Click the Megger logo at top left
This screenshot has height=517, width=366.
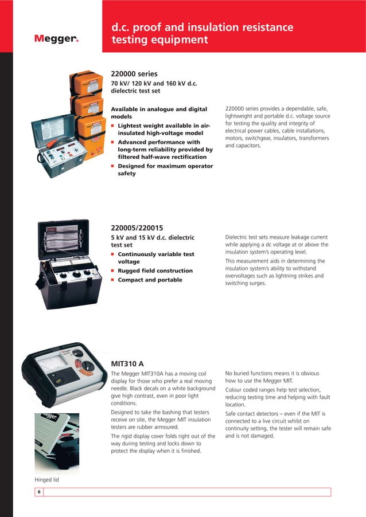(x=56, y=39)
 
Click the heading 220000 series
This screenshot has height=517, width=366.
(x=134, y=74)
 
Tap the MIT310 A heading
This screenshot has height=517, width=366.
(x=127, y=363)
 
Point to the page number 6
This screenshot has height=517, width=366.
(x=39, y=492)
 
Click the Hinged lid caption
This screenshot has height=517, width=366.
(x=47, y=479)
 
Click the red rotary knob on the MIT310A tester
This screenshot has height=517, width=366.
(x=87, y=366)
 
